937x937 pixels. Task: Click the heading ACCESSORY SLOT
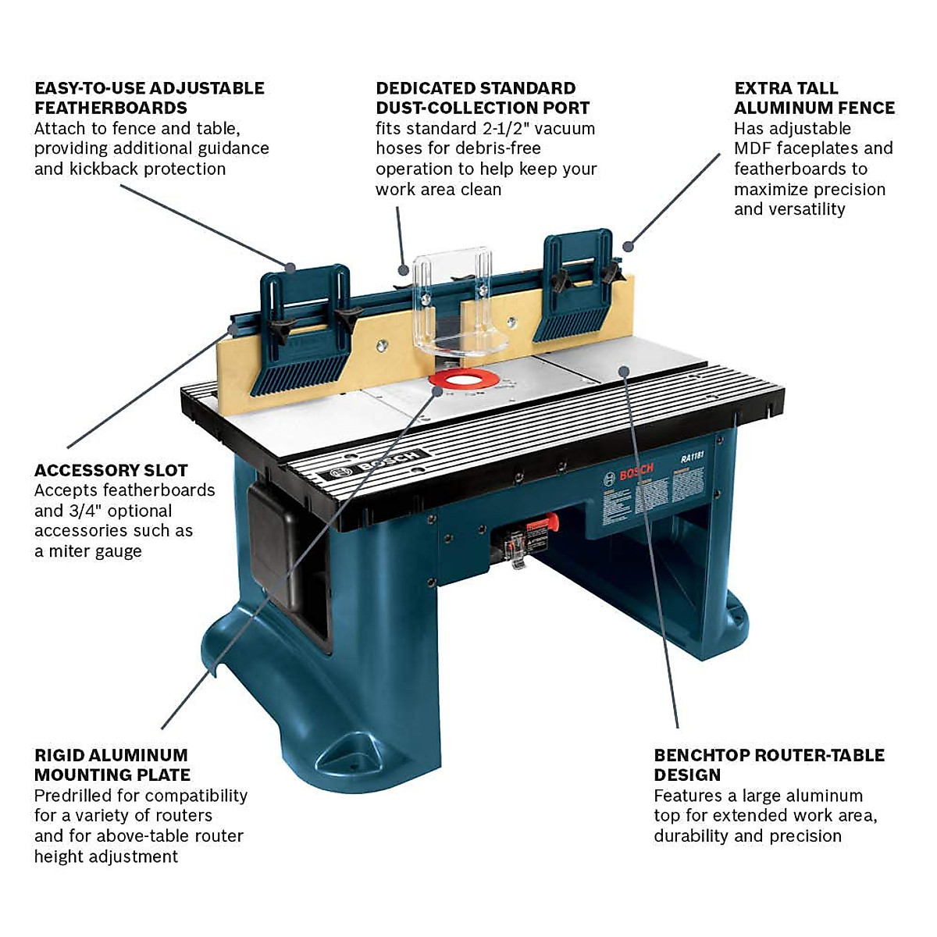tap(111, 470)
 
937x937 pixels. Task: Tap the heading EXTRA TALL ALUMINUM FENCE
tap(814, 98)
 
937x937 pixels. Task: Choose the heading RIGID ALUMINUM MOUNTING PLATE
tap(112, 765)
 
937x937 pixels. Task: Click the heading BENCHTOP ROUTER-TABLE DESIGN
tap(769, 765)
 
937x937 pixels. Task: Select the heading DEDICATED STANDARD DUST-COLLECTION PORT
tap(482, 98)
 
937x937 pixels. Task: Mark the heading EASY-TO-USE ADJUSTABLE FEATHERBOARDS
tap(149, 98)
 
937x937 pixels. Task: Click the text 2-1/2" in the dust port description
tap(497, 128)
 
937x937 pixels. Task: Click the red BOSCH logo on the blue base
tap(636, 473)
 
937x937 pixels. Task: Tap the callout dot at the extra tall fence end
tap(627, 247)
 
